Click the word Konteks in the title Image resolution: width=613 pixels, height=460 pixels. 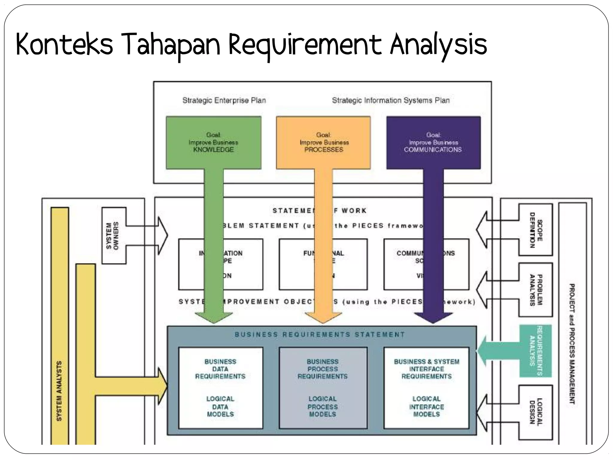tap(64, 45)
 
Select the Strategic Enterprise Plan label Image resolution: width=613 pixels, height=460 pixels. tap(224, 100)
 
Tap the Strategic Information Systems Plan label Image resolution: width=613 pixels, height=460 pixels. tap(391, 100)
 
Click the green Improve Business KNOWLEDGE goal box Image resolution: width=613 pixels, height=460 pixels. tap(213, 143)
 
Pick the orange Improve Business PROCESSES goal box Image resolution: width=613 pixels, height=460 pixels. tap(324, 143)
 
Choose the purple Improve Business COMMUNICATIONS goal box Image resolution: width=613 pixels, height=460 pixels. tap(433, 143)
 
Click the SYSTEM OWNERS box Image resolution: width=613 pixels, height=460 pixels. tap(113, 235)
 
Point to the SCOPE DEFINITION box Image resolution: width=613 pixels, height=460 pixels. tap(535, 230)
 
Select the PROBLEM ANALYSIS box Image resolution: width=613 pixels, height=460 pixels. tap(535, 290)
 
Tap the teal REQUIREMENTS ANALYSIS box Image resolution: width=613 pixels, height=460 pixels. tap(535, 351)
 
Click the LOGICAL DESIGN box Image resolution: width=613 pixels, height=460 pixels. tap(535, 412)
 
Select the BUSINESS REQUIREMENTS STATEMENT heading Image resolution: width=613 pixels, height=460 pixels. tap(320, 335)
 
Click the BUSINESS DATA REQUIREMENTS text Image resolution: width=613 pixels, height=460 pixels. tap(220, 369)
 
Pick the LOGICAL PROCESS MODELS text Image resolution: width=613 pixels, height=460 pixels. tap(323, 407)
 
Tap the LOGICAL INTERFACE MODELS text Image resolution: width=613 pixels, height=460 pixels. tap(427, 407)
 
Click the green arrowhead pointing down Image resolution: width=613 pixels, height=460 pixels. tap(214, 317)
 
